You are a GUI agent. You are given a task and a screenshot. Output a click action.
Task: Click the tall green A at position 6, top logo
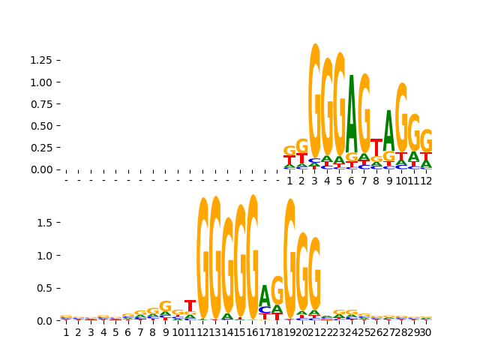[x=351, y=112]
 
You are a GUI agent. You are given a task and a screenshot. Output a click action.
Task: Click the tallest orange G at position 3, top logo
[x=314, y=97]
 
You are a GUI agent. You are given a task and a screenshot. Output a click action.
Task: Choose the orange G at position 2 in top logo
[x=301, y=145]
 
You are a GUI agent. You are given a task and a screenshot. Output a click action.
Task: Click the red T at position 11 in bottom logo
[x=190, y=306]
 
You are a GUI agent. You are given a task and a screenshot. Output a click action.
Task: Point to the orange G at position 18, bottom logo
[x=277, y=289]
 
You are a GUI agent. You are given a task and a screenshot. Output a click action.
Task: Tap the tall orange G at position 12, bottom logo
[x=202, y=259]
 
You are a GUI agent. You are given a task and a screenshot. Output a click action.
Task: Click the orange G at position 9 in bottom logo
[x=165, y=306]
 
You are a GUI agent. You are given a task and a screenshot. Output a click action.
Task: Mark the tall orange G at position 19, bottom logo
[x=289, y=259]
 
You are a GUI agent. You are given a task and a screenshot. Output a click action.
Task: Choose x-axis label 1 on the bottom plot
[x=66, y=332]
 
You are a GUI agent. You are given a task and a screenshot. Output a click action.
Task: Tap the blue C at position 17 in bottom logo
[x=264, y=310]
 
